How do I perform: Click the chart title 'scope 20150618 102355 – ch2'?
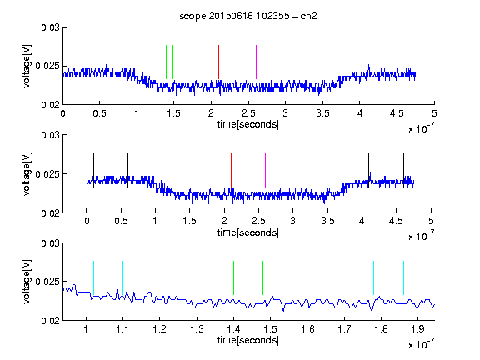248,16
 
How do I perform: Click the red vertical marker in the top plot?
218,62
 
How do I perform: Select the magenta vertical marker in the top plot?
256,62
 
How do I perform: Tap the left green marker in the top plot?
166,62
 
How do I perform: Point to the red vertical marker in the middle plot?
231,170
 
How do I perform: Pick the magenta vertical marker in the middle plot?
265,170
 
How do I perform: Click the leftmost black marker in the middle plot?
93,170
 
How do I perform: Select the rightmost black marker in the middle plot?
403,170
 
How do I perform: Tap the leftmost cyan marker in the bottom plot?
93,278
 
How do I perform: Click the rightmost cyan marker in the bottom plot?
403,278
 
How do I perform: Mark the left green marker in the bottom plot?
233,278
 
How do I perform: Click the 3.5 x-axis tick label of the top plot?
322,113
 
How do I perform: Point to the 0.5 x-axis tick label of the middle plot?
121,221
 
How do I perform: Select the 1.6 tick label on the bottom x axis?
307,329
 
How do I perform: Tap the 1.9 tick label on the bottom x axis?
417,329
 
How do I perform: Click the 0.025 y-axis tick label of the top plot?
47,66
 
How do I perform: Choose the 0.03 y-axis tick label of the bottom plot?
50,243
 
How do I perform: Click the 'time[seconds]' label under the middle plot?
248,232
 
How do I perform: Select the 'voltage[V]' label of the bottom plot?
27,282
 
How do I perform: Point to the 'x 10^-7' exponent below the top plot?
421,128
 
